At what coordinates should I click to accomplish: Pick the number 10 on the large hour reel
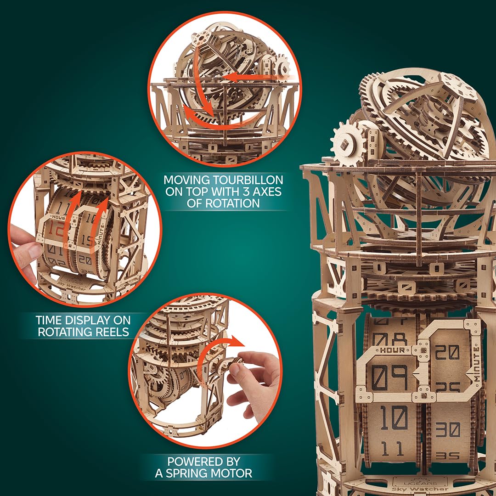click(x=393, y=418)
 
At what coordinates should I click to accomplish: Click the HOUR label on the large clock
click(x=393, y=350)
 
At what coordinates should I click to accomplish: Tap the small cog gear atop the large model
click(x=348, y=143)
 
